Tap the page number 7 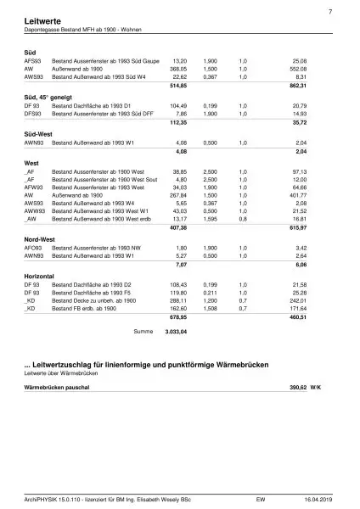[329, 10]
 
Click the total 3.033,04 [176, 331]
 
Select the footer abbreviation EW [261, 500]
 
